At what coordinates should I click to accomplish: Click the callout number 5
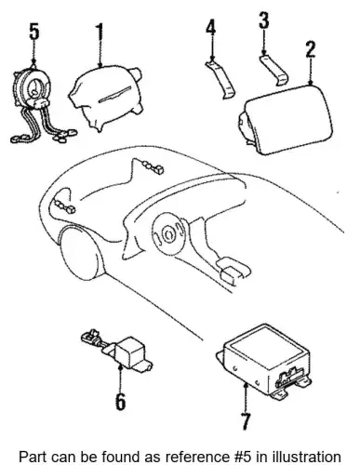pos(34,32)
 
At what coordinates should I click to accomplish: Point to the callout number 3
pos(264,20)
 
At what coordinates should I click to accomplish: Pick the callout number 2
pos(311,48)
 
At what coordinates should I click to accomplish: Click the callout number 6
pos(120,401)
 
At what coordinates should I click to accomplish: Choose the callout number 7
pos(246,421)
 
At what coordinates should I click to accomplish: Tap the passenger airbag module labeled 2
pos(286,119)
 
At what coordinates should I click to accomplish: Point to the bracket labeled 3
pos(274,70)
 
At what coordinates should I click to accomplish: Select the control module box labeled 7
pos(263,360)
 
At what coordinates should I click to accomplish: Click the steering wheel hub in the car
pos(170,233)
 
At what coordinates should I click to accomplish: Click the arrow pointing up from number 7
pos(246,398)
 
